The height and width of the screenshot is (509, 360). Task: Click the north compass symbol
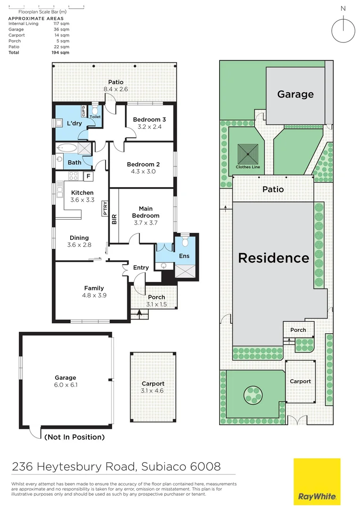click(343, 30)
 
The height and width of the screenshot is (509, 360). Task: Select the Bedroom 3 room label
click(149, 119)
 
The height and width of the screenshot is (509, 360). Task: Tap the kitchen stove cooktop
click(74, 176)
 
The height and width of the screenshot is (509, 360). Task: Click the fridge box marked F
click(87, 176)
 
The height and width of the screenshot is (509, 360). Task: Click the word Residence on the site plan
click(273, 258)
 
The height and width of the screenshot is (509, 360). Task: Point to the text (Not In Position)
click(74, 437)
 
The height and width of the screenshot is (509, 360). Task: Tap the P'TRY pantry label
click(105, 208)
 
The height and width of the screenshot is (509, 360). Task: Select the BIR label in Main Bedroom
click(114, 219)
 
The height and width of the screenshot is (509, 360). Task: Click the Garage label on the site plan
click(295, 94)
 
